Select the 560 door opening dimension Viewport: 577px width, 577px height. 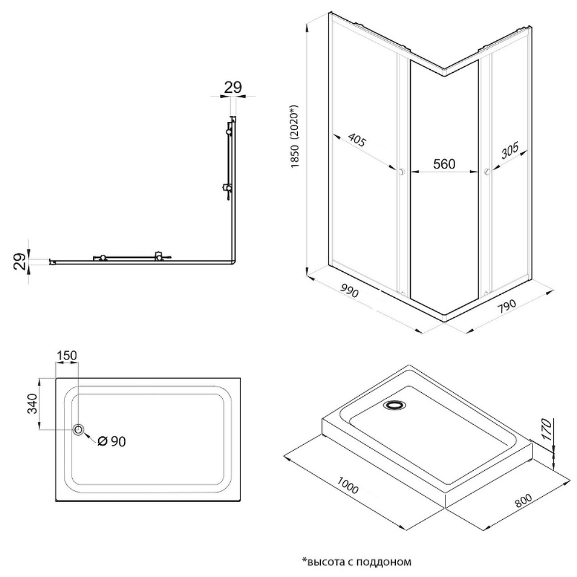[x=444, y=164]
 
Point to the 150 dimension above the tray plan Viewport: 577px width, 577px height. [x=67, y=356]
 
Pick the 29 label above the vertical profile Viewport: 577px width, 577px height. [x=232, y=87]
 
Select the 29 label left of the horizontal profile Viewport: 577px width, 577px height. [x=19, y=261]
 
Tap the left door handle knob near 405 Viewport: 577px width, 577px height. [x=401, y=171]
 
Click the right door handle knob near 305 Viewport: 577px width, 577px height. [x=487, y=171]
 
